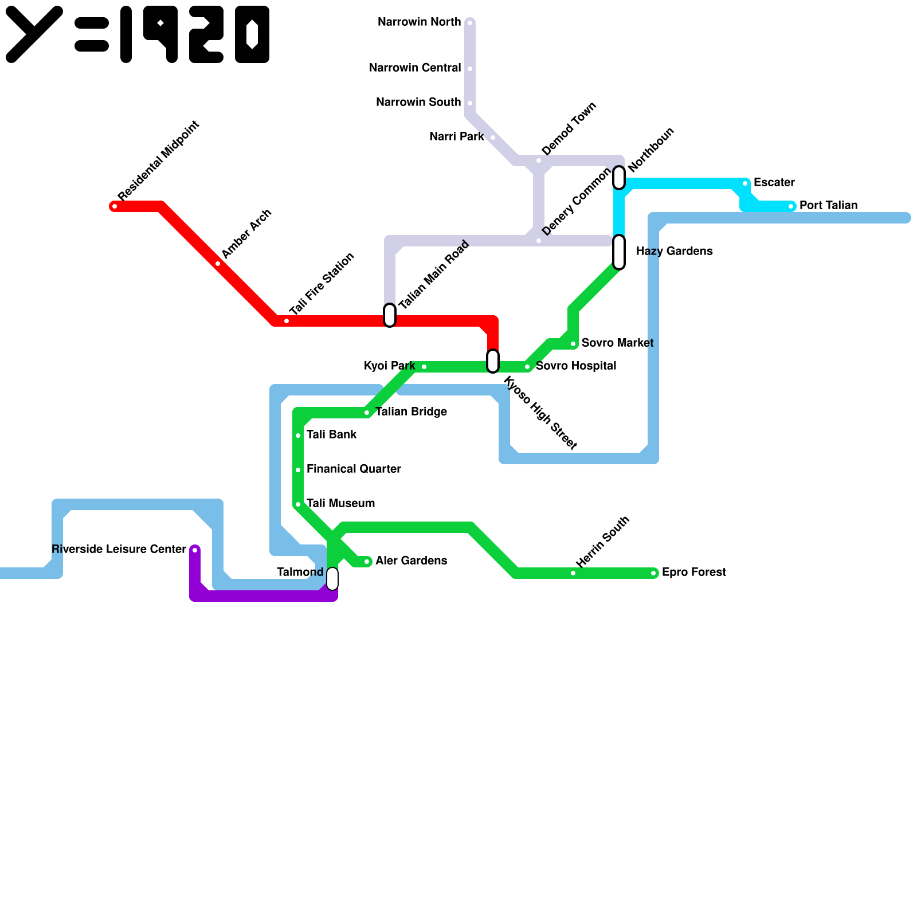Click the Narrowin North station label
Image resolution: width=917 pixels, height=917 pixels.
pos(419,22)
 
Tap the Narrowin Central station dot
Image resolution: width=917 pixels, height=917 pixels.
pos(470,69)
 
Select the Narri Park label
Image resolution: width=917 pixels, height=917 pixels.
pos(456,137)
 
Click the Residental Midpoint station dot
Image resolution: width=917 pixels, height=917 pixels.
pos(115,206)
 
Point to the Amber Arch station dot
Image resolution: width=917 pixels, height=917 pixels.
pos(218,264)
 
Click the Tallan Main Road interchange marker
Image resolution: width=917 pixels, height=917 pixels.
pos(390,315)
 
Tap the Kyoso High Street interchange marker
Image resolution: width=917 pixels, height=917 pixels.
pos(493,361)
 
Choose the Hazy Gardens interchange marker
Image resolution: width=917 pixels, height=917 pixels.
pos(619,252)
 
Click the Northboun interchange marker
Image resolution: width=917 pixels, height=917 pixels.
pos(619,178)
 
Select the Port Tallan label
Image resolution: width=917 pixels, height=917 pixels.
pos(828,206)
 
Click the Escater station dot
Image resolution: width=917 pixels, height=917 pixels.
pos(745,183)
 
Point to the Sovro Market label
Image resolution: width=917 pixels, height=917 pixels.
pos(617,343)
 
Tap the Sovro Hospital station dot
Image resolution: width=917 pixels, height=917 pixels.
pos(527,367)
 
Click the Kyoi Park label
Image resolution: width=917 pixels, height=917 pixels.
pos(389,366)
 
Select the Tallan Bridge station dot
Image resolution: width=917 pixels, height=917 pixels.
pos(367,413)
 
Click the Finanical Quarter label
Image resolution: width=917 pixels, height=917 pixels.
pos(354,469)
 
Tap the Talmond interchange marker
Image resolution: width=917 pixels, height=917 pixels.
pos(332,579)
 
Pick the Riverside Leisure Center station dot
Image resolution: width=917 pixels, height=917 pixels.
pos(195,550)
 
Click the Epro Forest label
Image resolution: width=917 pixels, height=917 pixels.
pos(693,573)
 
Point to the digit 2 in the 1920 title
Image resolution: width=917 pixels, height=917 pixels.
pos(206,34)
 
